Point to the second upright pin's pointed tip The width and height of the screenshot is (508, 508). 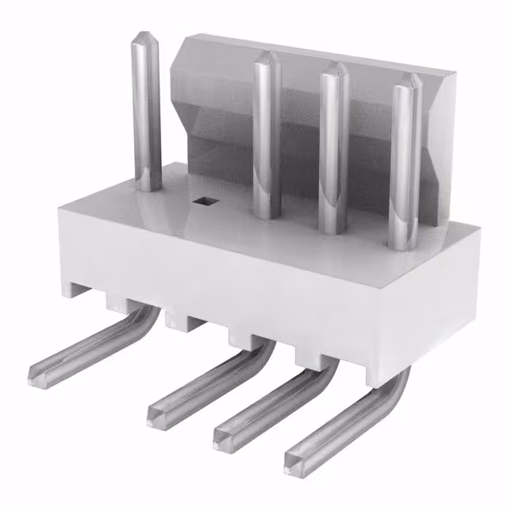pyautogui.click(x=267, y=56)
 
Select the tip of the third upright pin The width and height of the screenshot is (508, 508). pyautogui.click(x=334, y=67)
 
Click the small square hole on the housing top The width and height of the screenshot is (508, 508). pyautogui.click(x=206, y=202)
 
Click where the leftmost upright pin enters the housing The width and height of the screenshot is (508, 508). pyautogui.click(x=148, y=187)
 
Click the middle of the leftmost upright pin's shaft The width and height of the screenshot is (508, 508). pyautogui.click(x=147, y=111)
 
